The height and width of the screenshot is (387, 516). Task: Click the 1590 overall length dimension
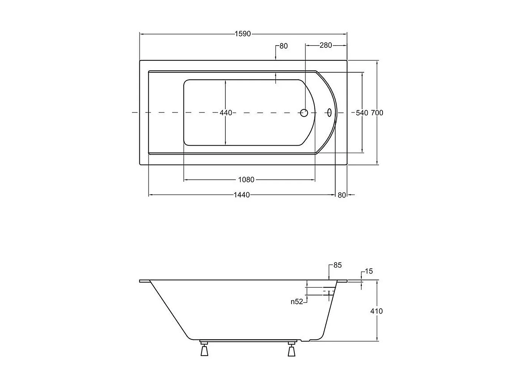[243, 34]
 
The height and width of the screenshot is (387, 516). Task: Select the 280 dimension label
[325, 45]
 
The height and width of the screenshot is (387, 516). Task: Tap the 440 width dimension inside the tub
[226, 113]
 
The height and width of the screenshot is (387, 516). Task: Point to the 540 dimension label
[362, 113]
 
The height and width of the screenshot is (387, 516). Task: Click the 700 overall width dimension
[377, 113]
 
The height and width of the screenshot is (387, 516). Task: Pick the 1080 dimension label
[246, 180]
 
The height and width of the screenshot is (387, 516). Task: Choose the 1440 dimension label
[242, 195]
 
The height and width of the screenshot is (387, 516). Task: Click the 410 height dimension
[377, 311]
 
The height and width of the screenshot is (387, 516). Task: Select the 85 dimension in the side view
[337, 265]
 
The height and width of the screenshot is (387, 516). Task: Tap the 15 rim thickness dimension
[369, 271]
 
